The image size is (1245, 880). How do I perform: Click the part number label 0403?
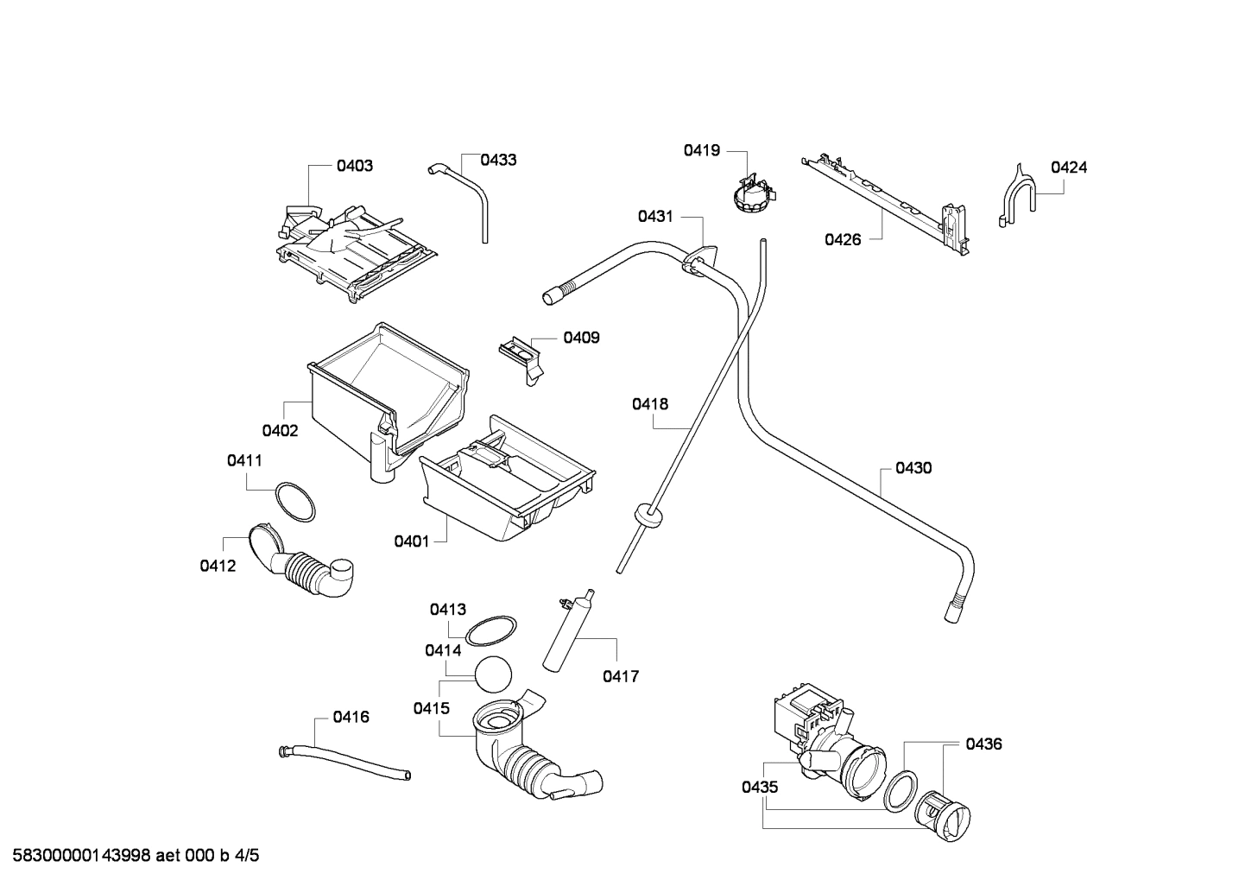355,165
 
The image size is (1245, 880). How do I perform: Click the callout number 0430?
913,468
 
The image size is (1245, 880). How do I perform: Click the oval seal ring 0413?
490,630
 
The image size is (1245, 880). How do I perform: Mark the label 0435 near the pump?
760,787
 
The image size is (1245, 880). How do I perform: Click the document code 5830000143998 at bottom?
79,856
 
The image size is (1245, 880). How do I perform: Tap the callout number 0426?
843,239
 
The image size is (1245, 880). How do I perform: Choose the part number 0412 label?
218,566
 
